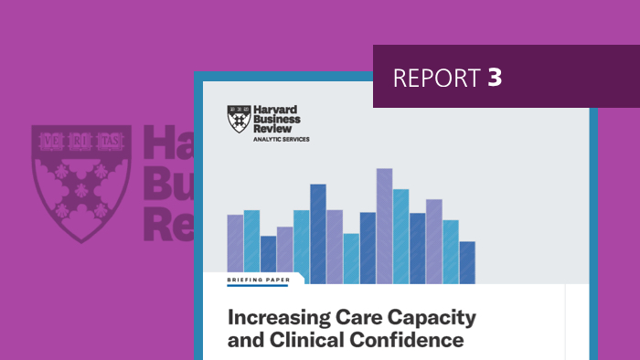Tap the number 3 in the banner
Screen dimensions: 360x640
(x=495, y=78)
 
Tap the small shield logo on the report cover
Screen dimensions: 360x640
(x=239, y=120)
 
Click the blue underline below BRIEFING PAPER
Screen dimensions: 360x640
(x=258, y=285)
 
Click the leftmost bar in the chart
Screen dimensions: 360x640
(x=235, y=249)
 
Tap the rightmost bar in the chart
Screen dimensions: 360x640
(x=467, y=262)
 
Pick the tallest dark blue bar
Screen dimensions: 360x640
(x=318, y=233)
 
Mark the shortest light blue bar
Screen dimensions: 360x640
(x=351, y=259)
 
